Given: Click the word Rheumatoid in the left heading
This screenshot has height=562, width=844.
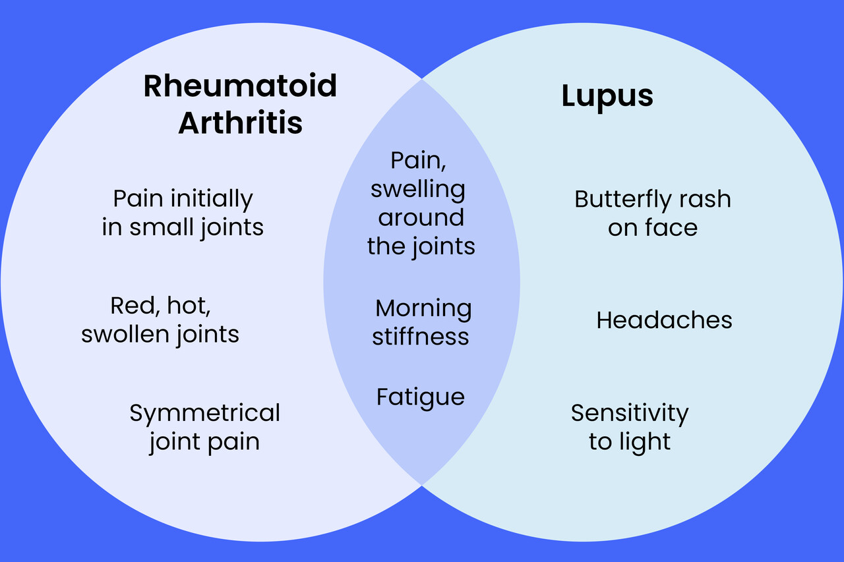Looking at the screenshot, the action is [240, 86].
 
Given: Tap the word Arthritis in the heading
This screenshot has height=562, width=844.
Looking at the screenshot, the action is [240, 123].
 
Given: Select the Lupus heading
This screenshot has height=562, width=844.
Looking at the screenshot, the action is [607, 97].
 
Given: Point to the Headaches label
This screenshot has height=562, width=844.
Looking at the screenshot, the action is [664, 320].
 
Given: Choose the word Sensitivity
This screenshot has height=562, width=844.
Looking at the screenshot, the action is [630, 413].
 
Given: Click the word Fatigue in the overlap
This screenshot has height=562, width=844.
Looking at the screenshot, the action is [421, 397].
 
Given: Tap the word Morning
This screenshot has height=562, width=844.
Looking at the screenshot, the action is [423, 308].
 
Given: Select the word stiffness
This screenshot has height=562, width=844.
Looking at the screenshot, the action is [421, 337].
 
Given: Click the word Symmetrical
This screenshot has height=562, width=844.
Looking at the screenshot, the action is [204, 413].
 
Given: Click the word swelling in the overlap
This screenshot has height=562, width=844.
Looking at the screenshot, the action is [417, 189].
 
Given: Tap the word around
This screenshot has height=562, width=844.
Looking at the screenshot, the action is [421, 217].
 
